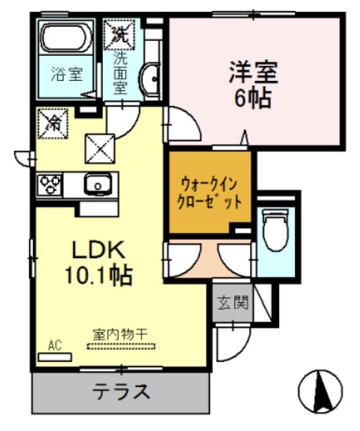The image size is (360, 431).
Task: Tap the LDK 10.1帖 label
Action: (98, 263)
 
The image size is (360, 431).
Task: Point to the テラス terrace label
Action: (122, 390)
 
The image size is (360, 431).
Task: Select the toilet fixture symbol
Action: (274, 229)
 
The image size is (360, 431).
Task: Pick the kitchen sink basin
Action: (98, 185)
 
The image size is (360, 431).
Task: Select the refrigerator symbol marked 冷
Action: (50, 123)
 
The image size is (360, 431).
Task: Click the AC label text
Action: (54, 344)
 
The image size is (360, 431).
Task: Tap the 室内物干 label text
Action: (121, 333)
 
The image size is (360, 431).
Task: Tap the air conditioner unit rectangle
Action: (54, 356)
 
